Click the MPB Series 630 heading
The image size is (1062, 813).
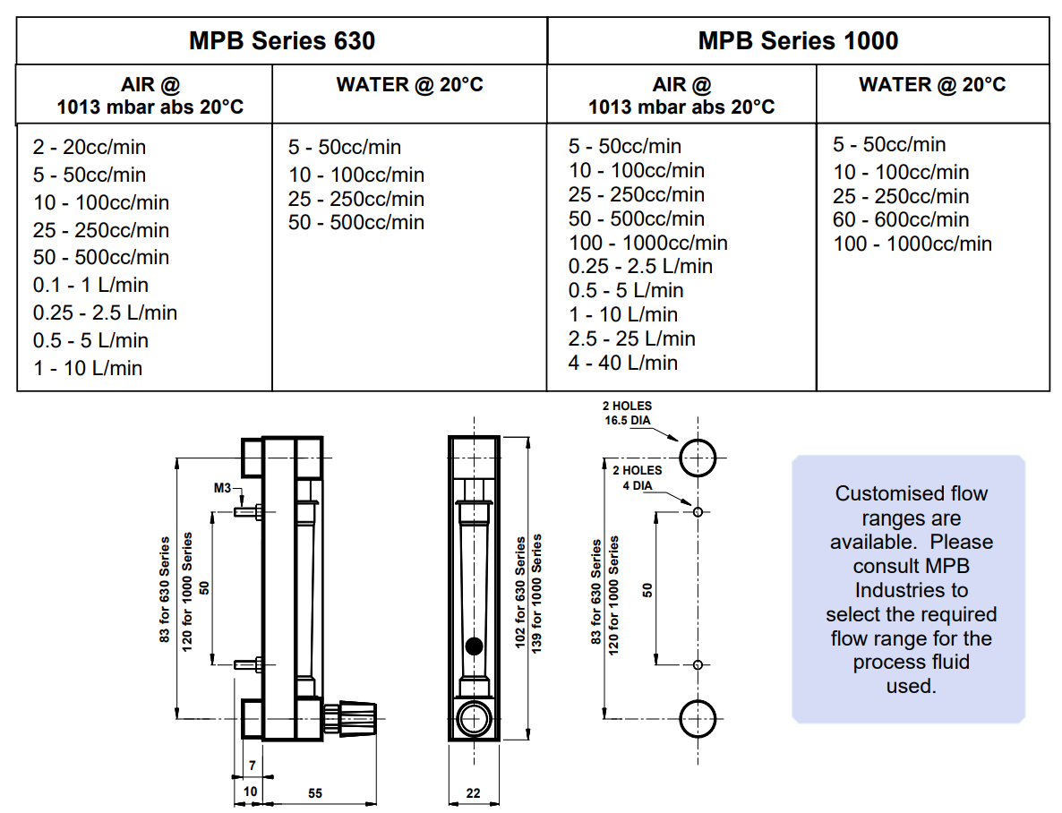click(x=282, y=40)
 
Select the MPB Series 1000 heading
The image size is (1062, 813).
click(x=798, y=40)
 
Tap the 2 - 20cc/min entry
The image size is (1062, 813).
click(x=90, y=147)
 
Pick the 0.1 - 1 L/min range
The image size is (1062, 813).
click(x=90, y=286)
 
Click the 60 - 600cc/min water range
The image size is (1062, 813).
click(x=901, y=219)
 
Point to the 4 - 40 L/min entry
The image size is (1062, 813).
click(x=623, y=363)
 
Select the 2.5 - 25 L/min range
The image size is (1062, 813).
click(x=632, y=338)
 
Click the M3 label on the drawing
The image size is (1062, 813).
click(x=222, y=488)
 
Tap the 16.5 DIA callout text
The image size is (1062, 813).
click(x=627, y=420)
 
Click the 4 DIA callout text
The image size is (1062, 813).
click(x=638, y=485)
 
